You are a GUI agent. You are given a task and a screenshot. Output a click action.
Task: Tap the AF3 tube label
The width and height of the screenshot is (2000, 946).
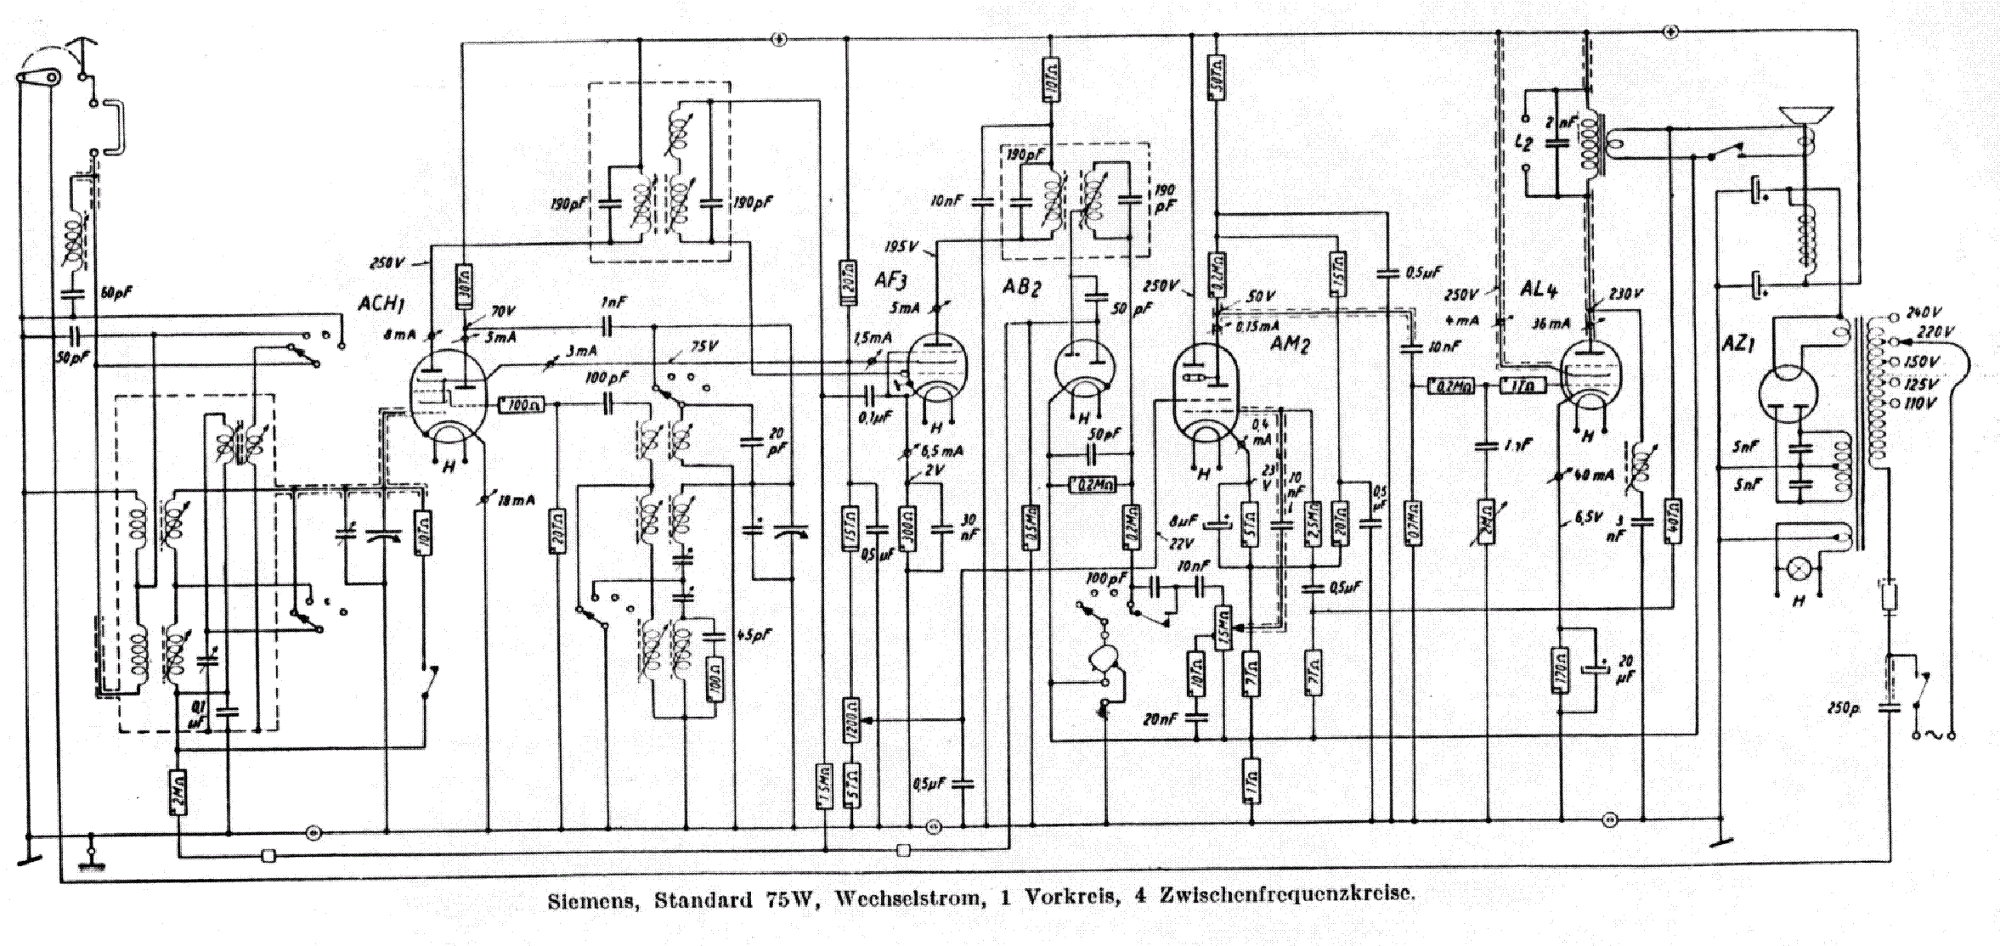tap(895, 279)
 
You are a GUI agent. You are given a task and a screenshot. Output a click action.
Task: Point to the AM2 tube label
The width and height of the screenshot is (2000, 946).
tap(1291, 344)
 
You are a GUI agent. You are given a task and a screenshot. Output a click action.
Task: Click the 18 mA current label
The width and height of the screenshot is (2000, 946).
tap(516, 500)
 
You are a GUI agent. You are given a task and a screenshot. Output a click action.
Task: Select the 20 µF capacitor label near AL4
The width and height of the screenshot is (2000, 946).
tap(1624, 669)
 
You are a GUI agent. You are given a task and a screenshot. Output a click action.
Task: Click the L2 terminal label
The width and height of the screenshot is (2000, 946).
tap(1524, 141)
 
